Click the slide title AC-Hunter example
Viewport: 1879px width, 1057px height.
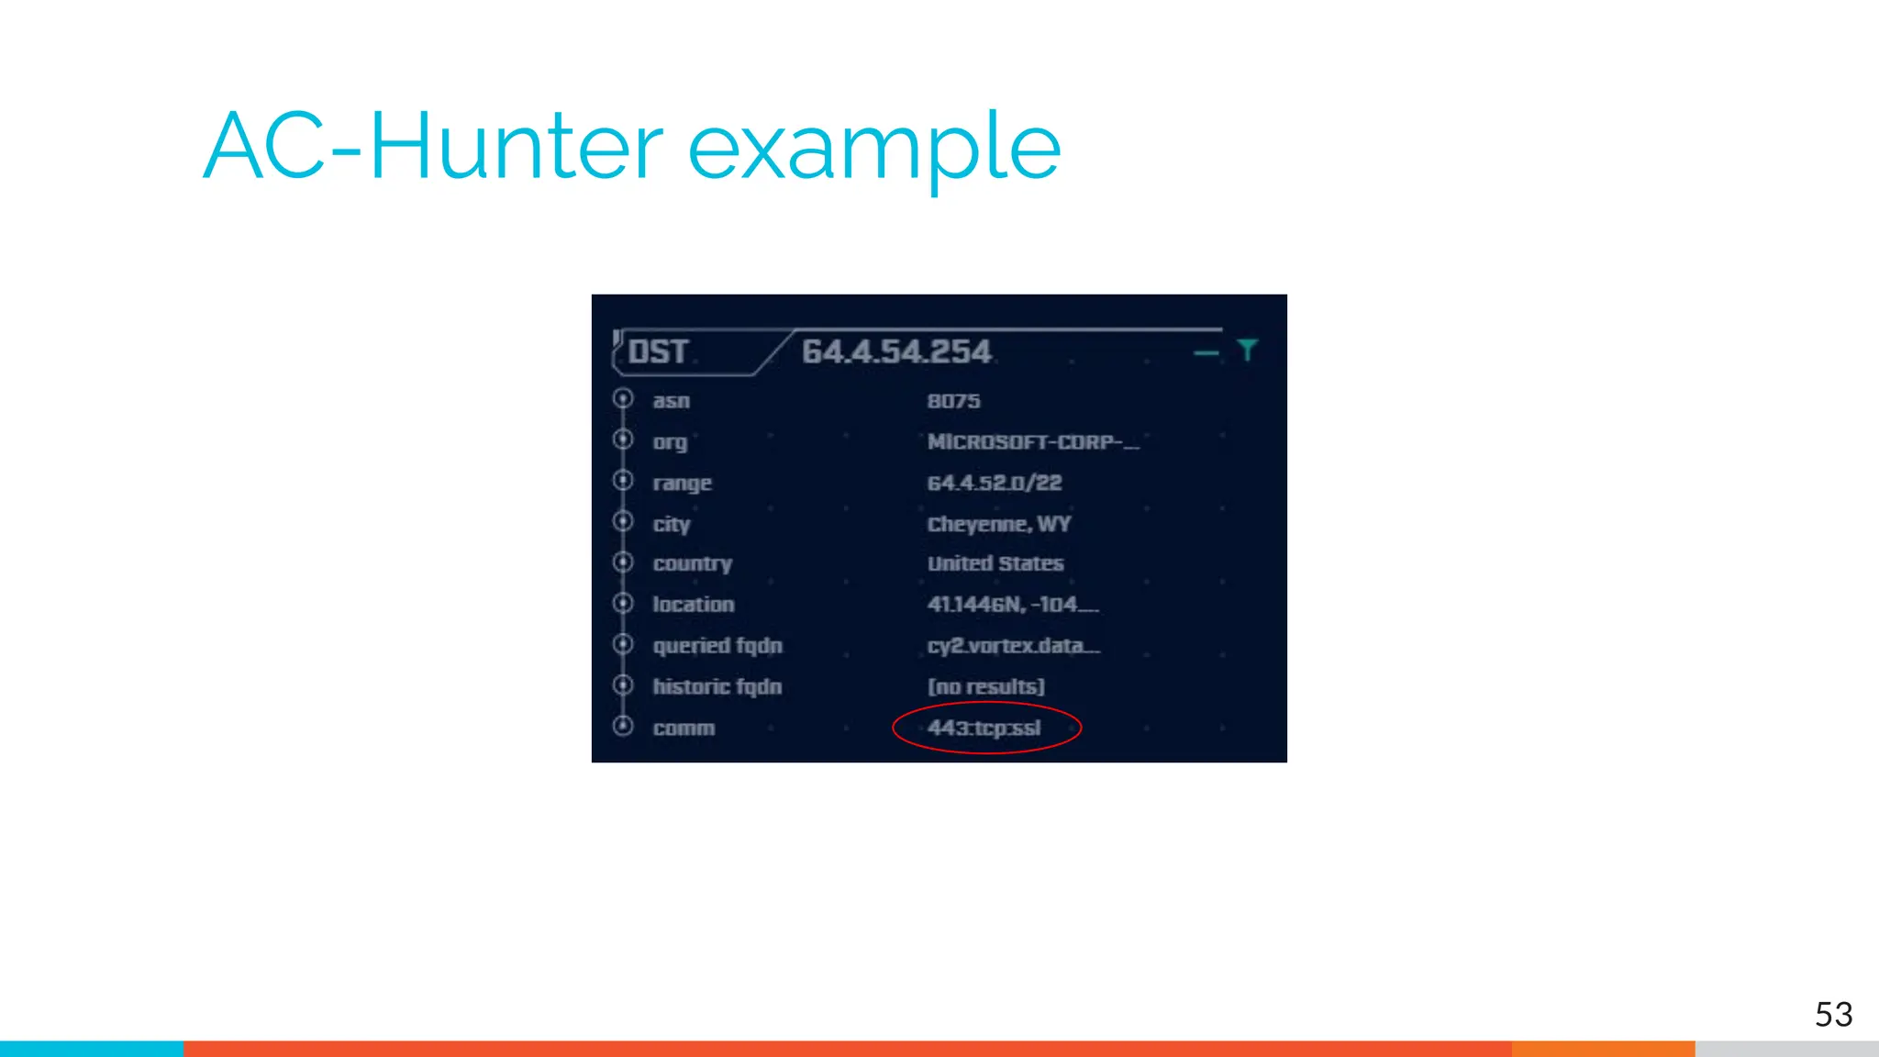pos(631,147)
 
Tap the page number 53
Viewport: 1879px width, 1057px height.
pos(1833,1014)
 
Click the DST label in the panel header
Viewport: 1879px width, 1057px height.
pos(658,352)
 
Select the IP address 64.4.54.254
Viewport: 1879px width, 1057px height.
pos(896,352)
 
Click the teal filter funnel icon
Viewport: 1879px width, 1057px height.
pos(1247,350)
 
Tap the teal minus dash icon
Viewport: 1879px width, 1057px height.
pos(1206,352)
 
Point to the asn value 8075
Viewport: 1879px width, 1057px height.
pos(953,401)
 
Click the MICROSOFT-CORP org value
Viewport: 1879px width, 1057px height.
pos(1032,442)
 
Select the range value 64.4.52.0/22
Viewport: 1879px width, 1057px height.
pos(994,483)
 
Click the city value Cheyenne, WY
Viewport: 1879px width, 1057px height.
pos(998,524)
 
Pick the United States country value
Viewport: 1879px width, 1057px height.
pos(995,563)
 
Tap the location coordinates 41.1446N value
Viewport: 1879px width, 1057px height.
pos(1012,605)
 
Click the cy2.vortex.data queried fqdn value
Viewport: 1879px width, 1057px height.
pos(1013,646)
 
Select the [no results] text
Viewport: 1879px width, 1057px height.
pos(985,686)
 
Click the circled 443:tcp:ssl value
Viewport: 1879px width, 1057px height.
pos(984,729)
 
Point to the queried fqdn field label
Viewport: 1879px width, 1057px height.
pos(717,646)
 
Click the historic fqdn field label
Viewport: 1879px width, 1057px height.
pos(717,686)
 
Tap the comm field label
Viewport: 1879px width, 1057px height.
pos(684,729)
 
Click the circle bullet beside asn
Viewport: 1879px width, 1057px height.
pos(623,399)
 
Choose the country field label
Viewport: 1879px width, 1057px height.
pos(692,563)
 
